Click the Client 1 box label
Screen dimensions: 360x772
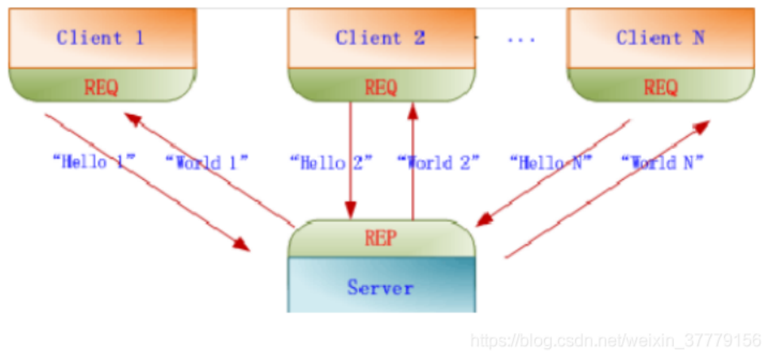(100, 38)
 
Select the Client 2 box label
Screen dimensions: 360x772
(380, 38)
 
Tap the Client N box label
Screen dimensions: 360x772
(660, 38)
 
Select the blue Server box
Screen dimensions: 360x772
(381, 286)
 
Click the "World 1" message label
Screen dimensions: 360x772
(206, 163)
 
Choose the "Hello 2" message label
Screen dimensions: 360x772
(331, 163)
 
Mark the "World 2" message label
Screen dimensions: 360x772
(438, 163)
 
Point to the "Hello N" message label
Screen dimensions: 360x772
(550, 163)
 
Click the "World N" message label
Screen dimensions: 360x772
(663, 163)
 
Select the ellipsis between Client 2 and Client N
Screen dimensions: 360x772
(520, 39)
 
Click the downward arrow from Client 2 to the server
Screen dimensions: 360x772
(350, 159)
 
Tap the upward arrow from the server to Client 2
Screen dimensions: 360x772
(412, 159)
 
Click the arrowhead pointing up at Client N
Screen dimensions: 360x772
(702, 126)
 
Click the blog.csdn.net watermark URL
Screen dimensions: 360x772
(616, 341)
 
